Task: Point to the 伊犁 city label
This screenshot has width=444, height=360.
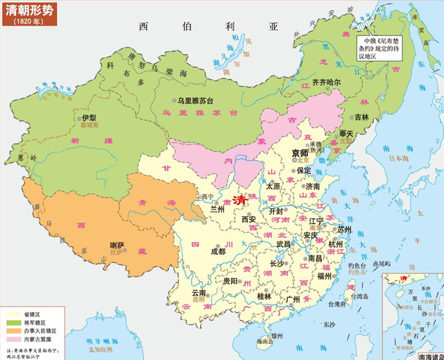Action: pos(87,119)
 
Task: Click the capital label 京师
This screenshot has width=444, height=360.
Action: pos(300,153)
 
